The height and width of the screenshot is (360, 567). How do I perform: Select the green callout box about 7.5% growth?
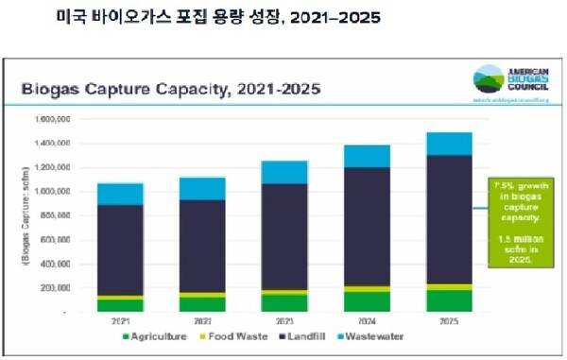[518, 222]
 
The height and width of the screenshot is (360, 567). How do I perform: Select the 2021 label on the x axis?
[120, 321]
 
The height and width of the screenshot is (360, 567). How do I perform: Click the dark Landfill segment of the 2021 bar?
[120, 249]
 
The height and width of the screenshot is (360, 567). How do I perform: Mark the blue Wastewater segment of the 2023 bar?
[283, 172]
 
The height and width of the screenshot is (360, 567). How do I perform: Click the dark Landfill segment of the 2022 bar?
[201, 246]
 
